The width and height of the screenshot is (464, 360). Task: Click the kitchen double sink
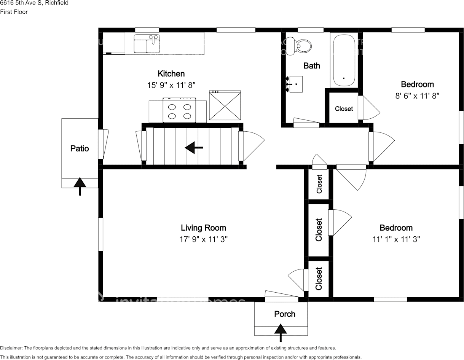point(147,43)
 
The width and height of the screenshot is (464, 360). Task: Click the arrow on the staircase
point(194,147)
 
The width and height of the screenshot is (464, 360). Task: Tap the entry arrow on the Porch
point(281,332)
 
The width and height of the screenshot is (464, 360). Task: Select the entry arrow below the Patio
point(80,186)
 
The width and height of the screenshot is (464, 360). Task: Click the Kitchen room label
point(171,74)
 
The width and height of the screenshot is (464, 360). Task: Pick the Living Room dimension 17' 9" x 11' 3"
point(203,239)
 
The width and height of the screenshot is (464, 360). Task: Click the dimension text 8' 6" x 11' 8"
point(417,96)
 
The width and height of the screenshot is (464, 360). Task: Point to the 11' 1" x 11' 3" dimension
point(396,239)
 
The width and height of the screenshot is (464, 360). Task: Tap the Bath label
point(311,66)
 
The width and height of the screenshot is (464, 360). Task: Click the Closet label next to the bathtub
point(344,109)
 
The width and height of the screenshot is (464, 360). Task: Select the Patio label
point(80,148)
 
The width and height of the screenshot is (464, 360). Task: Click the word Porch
point(284,314)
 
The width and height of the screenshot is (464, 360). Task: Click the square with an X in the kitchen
point(225,106)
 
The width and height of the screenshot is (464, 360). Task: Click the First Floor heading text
point(14,12)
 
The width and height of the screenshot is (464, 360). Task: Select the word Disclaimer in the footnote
point(11,348)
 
